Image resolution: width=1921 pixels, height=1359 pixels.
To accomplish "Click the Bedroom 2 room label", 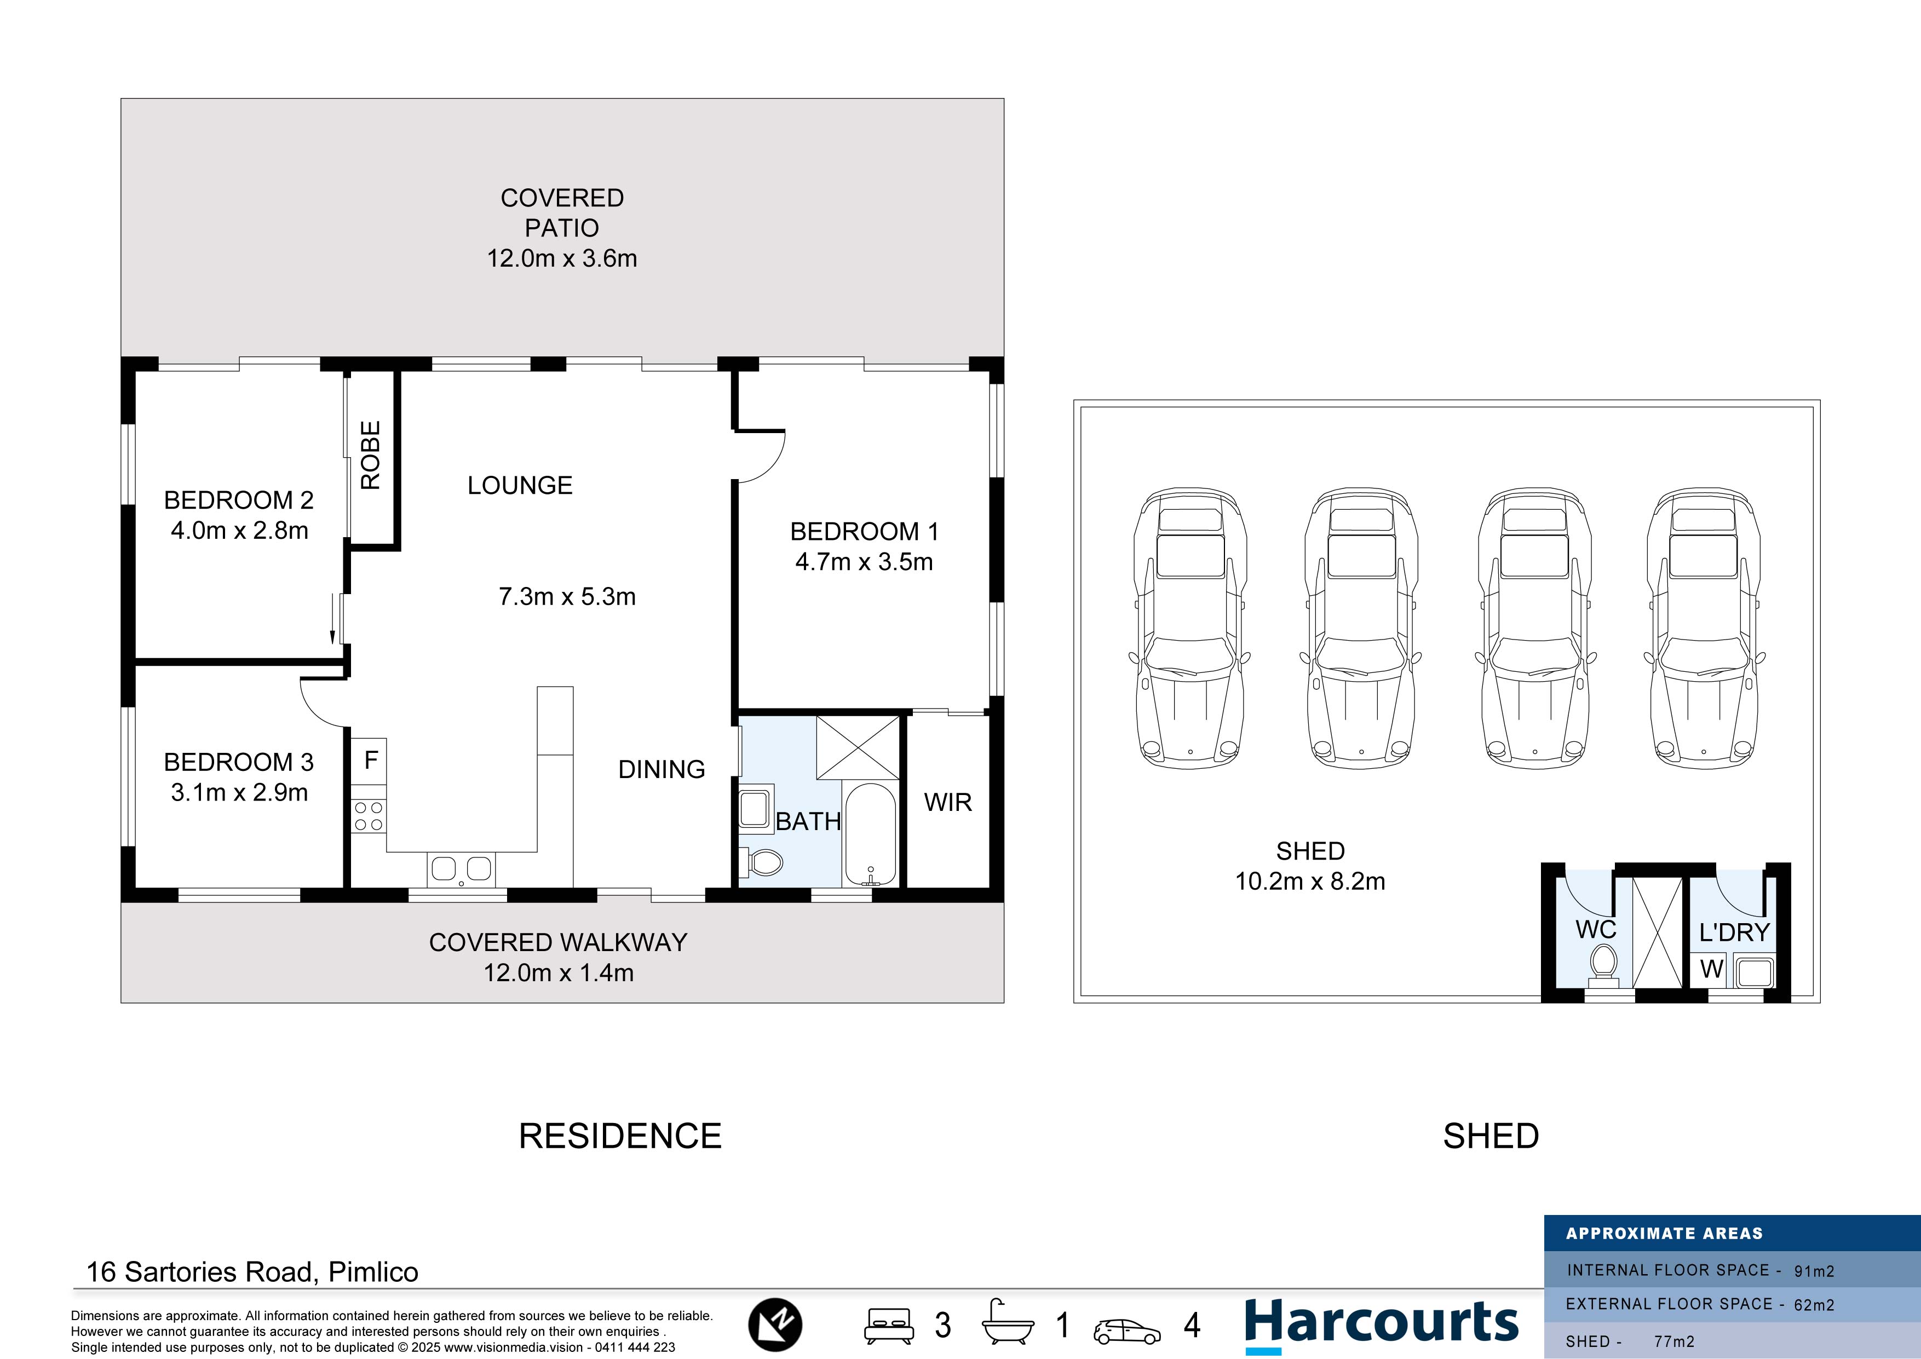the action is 238,500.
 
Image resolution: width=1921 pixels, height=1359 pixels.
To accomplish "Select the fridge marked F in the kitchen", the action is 369,761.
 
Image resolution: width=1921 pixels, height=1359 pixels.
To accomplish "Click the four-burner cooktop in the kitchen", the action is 368,816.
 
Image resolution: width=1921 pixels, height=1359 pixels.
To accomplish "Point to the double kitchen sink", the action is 460,869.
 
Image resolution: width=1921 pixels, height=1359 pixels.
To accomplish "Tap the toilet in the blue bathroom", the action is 761,861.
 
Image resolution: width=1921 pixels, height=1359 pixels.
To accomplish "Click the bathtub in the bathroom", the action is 870,834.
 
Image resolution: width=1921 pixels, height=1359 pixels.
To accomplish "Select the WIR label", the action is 948,803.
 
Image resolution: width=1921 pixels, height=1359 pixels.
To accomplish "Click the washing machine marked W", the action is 1711,969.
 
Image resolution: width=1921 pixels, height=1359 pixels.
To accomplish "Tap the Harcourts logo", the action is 1382,1325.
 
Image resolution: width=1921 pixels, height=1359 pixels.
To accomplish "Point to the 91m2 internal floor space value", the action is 1814,1271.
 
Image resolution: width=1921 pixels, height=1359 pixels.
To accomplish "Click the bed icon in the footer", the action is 889,1326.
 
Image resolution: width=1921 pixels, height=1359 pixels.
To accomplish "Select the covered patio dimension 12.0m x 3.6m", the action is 562,258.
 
